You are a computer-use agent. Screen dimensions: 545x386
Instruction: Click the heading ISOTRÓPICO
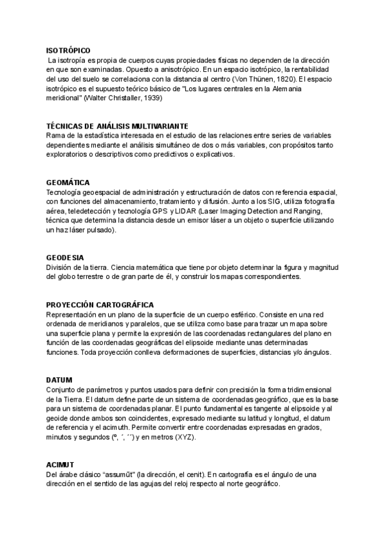pos(69,49)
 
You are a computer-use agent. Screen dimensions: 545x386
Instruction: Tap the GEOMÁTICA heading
pos(68,183)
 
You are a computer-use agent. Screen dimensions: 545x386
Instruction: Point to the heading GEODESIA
pos(66,258)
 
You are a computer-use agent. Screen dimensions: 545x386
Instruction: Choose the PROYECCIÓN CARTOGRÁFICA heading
pos(109,305)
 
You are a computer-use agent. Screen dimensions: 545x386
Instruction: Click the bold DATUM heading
pos(59,380)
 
